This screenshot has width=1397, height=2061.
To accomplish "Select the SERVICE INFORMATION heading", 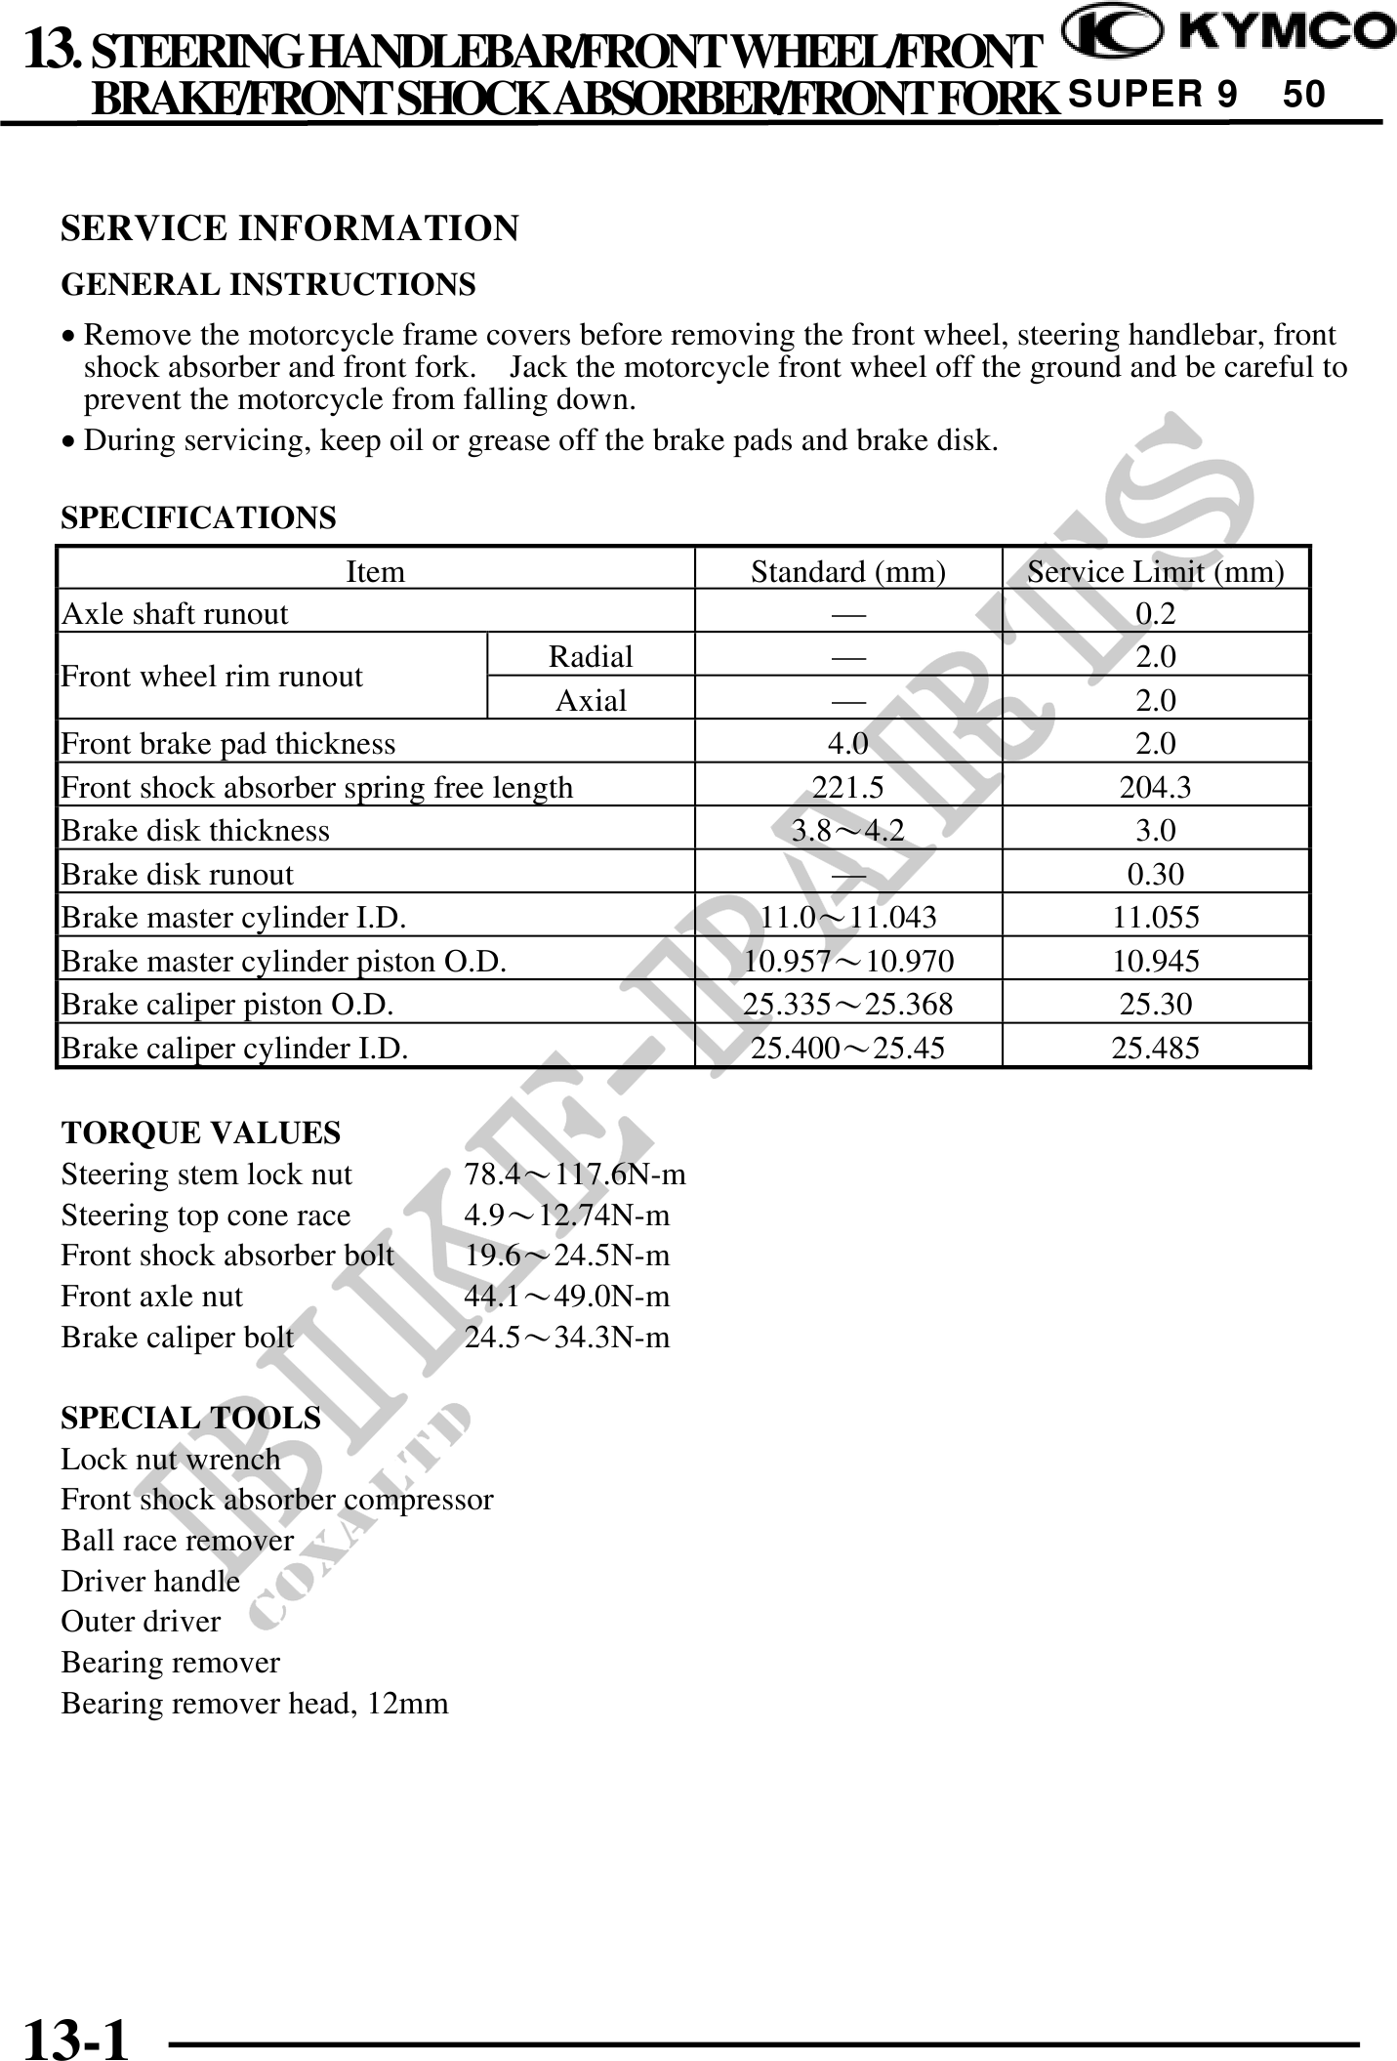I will click(x=290, y=228).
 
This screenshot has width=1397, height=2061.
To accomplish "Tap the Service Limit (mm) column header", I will click(x=1155, y=571).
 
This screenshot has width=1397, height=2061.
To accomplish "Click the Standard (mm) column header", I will click(x=847, y=571).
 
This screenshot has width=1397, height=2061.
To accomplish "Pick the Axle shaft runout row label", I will click(x=175, y=614).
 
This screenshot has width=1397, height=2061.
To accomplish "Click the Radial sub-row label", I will click(x=591, y=656).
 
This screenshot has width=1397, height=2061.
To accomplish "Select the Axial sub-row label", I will click(x=591, y=700).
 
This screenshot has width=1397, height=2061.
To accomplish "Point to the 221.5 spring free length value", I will click(x=847, y=787).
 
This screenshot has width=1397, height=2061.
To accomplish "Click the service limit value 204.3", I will click(x=1155, y=787).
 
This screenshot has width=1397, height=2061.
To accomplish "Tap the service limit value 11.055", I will click(x=1155, y=917).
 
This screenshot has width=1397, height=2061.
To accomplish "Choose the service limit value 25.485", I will click(x=1155, y=1048).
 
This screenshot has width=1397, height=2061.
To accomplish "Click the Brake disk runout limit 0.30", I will click(x=1155, y=874).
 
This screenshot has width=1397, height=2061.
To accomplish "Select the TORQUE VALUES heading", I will click(x=201, y=1133).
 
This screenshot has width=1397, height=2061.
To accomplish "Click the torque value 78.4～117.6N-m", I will click(x=575, y=1174).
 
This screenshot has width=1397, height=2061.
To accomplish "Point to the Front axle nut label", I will click(x=151, y=1296).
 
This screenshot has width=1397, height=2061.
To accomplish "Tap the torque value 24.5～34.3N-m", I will click(x=567, y=1337).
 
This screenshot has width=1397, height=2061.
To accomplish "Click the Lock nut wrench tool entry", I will click(x=170, y=1459).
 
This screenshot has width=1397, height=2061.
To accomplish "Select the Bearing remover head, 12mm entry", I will click(x=255, y=1704).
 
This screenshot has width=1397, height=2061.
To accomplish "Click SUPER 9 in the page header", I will click(x=1153, y=95).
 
